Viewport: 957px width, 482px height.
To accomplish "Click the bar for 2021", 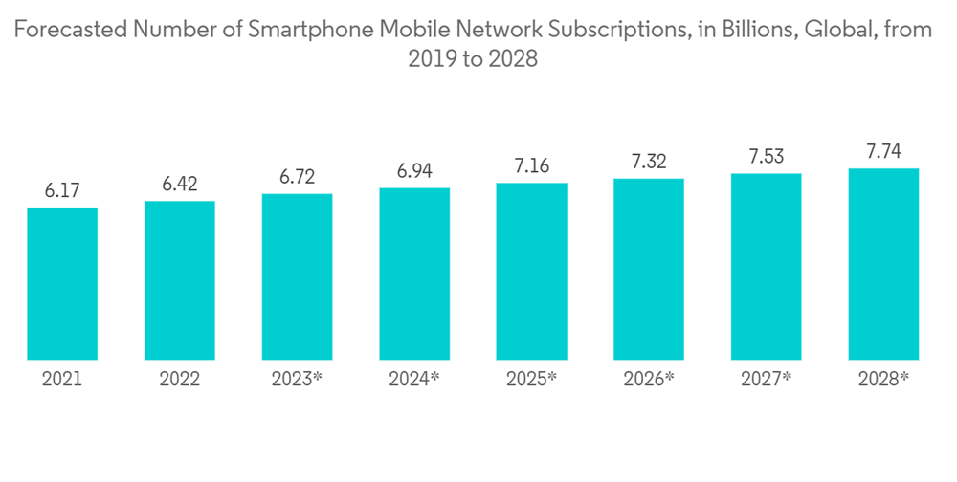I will (62, 283).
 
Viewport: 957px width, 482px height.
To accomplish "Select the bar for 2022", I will (180, 280).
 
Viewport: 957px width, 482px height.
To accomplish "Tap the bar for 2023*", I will (297, 276).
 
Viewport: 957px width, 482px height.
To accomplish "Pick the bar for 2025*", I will (531, 271).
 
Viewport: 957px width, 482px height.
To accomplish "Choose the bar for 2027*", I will (766, 266).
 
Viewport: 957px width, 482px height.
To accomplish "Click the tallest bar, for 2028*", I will (883, 264).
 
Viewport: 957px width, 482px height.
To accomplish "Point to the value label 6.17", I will (62, 191).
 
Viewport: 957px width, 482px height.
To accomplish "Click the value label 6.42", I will (180, 185).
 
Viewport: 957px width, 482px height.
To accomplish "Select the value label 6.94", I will (414, 172).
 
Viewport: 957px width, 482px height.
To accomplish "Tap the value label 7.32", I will (649, 162).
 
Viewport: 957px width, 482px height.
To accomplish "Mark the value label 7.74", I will (883, 152).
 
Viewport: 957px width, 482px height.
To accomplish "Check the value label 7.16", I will (531, 166).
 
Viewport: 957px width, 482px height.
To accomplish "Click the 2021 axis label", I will (62, 380).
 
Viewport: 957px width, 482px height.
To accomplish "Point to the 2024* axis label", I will (414, 380).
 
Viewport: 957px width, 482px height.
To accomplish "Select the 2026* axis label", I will (649, 380).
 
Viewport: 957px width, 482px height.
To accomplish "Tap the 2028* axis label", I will (883, 380).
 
